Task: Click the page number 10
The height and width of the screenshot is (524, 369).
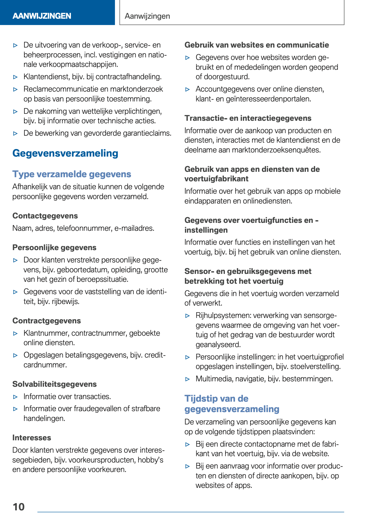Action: tap(19, 507)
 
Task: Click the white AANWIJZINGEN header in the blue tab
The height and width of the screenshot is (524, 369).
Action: tap(42, 16)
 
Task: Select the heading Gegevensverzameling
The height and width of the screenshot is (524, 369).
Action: tap(65, 153)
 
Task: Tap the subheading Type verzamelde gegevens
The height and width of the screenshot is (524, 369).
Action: tap(72, 174)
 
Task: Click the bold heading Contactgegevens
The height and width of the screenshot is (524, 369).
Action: tap(45, 216)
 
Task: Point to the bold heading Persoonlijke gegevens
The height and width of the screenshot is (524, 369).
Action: tap(54, 248)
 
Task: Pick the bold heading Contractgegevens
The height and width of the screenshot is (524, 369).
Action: tap(47, 321)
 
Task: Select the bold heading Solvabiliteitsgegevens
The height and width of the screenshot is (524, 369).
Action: tap(54, 384)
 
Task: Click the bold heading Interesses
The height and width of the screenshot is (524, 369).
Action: tap(32, 438)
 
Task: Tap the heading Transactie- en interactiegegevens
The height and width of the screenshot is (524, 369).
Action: tap(248, 118)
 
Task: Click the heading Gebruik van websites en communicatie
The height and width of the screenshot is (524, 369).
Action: tap(257, 45)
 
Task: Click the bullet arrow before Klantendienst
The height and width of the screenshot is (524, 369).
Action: tap(16, 77)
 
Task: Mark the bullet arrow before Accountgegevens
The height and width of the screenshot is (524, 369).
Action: tap(188, 89)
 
